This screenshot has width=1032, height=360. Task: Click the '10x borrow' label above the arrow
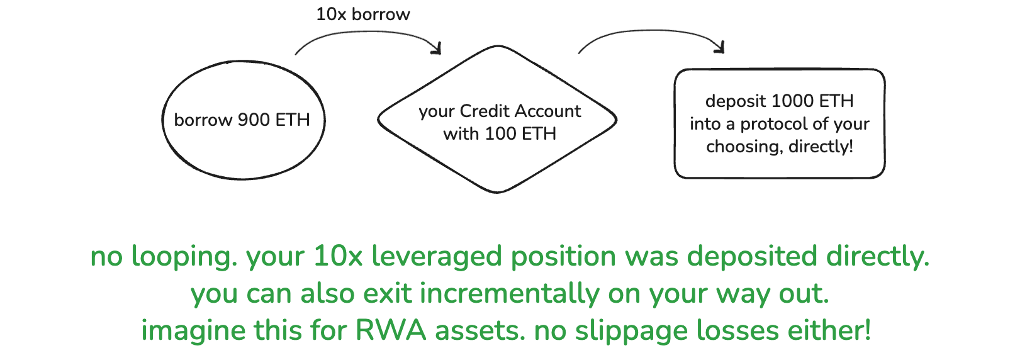pos(362,14)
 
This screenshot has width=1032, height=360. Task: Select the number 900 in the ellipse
pos(254,120)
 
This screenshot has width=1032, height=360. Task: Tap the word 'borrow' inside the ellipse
pos(203,120)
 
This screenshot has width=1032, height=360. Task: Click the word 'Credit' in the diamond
pos(485,111)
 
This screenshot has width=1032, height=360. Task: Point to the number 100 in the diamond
pos(500,134)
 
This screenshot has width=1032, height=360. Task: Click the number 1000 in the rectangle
pos(794,101)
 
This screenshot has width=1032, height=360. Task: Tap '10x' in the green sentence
pos(338,257)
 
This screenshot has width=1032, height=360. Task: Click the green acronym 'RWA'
pos(392,331)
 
